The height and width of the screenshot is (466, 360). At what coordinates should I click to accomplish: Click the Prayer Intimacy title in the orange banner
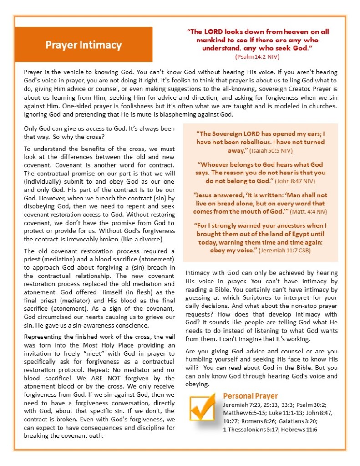coord(83,45)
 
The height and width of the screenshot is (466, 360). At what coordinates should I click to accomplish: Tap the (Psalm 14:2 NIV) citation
coord(257,56)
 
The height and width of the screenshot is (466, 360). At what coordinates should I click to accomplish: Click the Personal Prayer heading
coord(250,396)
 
